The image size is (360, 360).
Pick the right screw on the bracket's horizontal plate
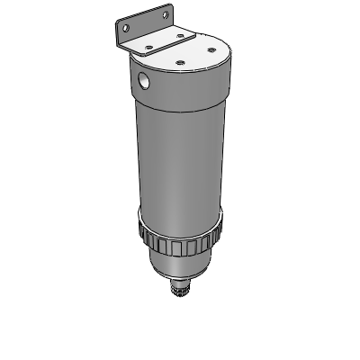(x=181, y=36)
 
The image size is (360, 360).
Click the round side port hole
(x=144, y=82)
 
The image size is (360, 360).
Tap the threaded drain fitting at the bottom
(x=178, y=290)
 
